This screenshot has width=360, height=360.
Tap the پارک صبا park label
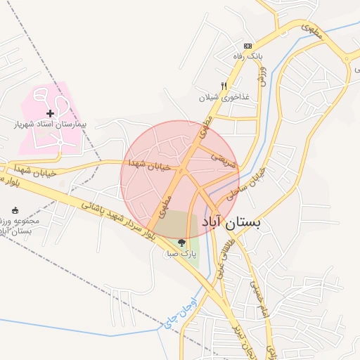180,252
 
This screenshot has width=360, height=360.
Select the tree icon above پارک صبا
181,243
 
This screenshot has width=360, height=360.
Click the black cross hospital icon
50,113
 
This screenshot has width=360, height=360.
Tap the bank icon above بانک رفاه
247,46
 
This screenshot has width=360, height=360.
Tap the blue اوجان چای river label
171,314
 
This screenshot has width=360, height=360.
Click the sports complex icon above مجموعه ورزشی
15,210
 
